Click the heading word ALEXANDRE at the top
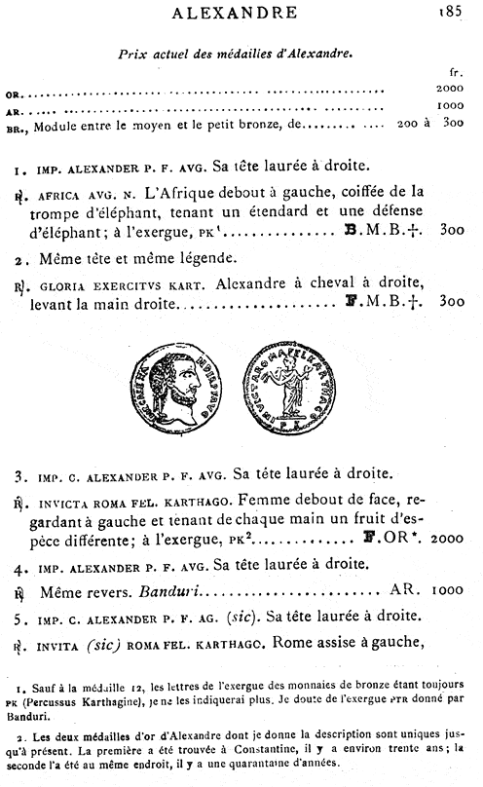[241, 13]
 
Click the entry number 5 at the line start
[19, 616]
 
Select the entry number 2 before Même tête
[19, 260]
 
